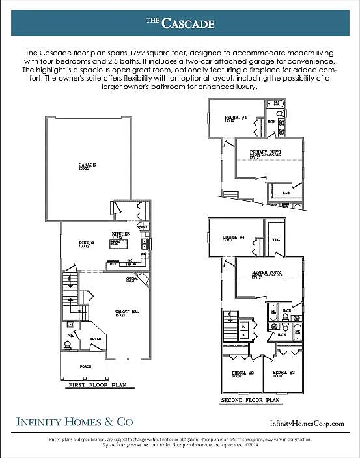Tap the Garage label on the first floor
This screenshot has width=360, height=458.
click(x=87, y=165)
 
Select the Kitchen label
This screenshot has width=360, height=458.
click(x=121, y=234)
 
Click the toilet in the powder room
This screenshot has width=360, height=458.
click(x=68, y=326)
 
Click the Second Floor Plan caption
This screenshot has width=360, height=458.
click(x=251, y=400)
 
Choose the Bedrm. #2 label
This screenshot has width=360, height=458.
click(x=240, y=373)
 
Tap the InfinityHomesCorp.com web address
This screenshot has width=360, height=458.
click(x=306, y=424)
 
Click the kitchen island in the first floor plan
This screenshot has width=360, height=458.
click(x=135, y=244)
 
